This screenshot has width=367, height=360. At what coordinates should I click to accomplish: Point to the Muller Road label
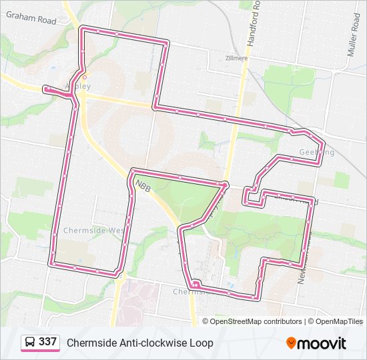click(354, 33)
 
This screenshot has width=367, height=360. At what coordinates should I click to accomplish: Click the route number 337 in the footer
click(47, 342)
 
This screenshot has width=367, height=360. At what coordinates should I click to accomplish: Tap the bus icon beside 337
click(30, 343)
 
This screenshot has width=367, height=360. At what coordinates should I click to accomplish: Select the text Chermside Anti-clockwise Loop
click(139, 343)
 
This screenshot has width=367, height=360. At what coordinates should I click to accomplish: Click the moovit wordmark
click(322, 343)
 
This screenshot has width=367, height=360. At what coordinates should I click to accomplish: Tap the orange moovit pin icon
click(292, 343)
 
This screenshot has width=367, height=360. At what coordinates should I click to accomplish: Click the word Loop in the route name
click(202, 343)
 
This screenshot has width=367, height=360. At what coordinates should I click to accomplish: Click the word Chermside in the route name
click(90, 343)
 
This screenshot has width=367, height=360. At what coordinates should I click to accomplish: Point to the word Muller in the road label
click(354, 25)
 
